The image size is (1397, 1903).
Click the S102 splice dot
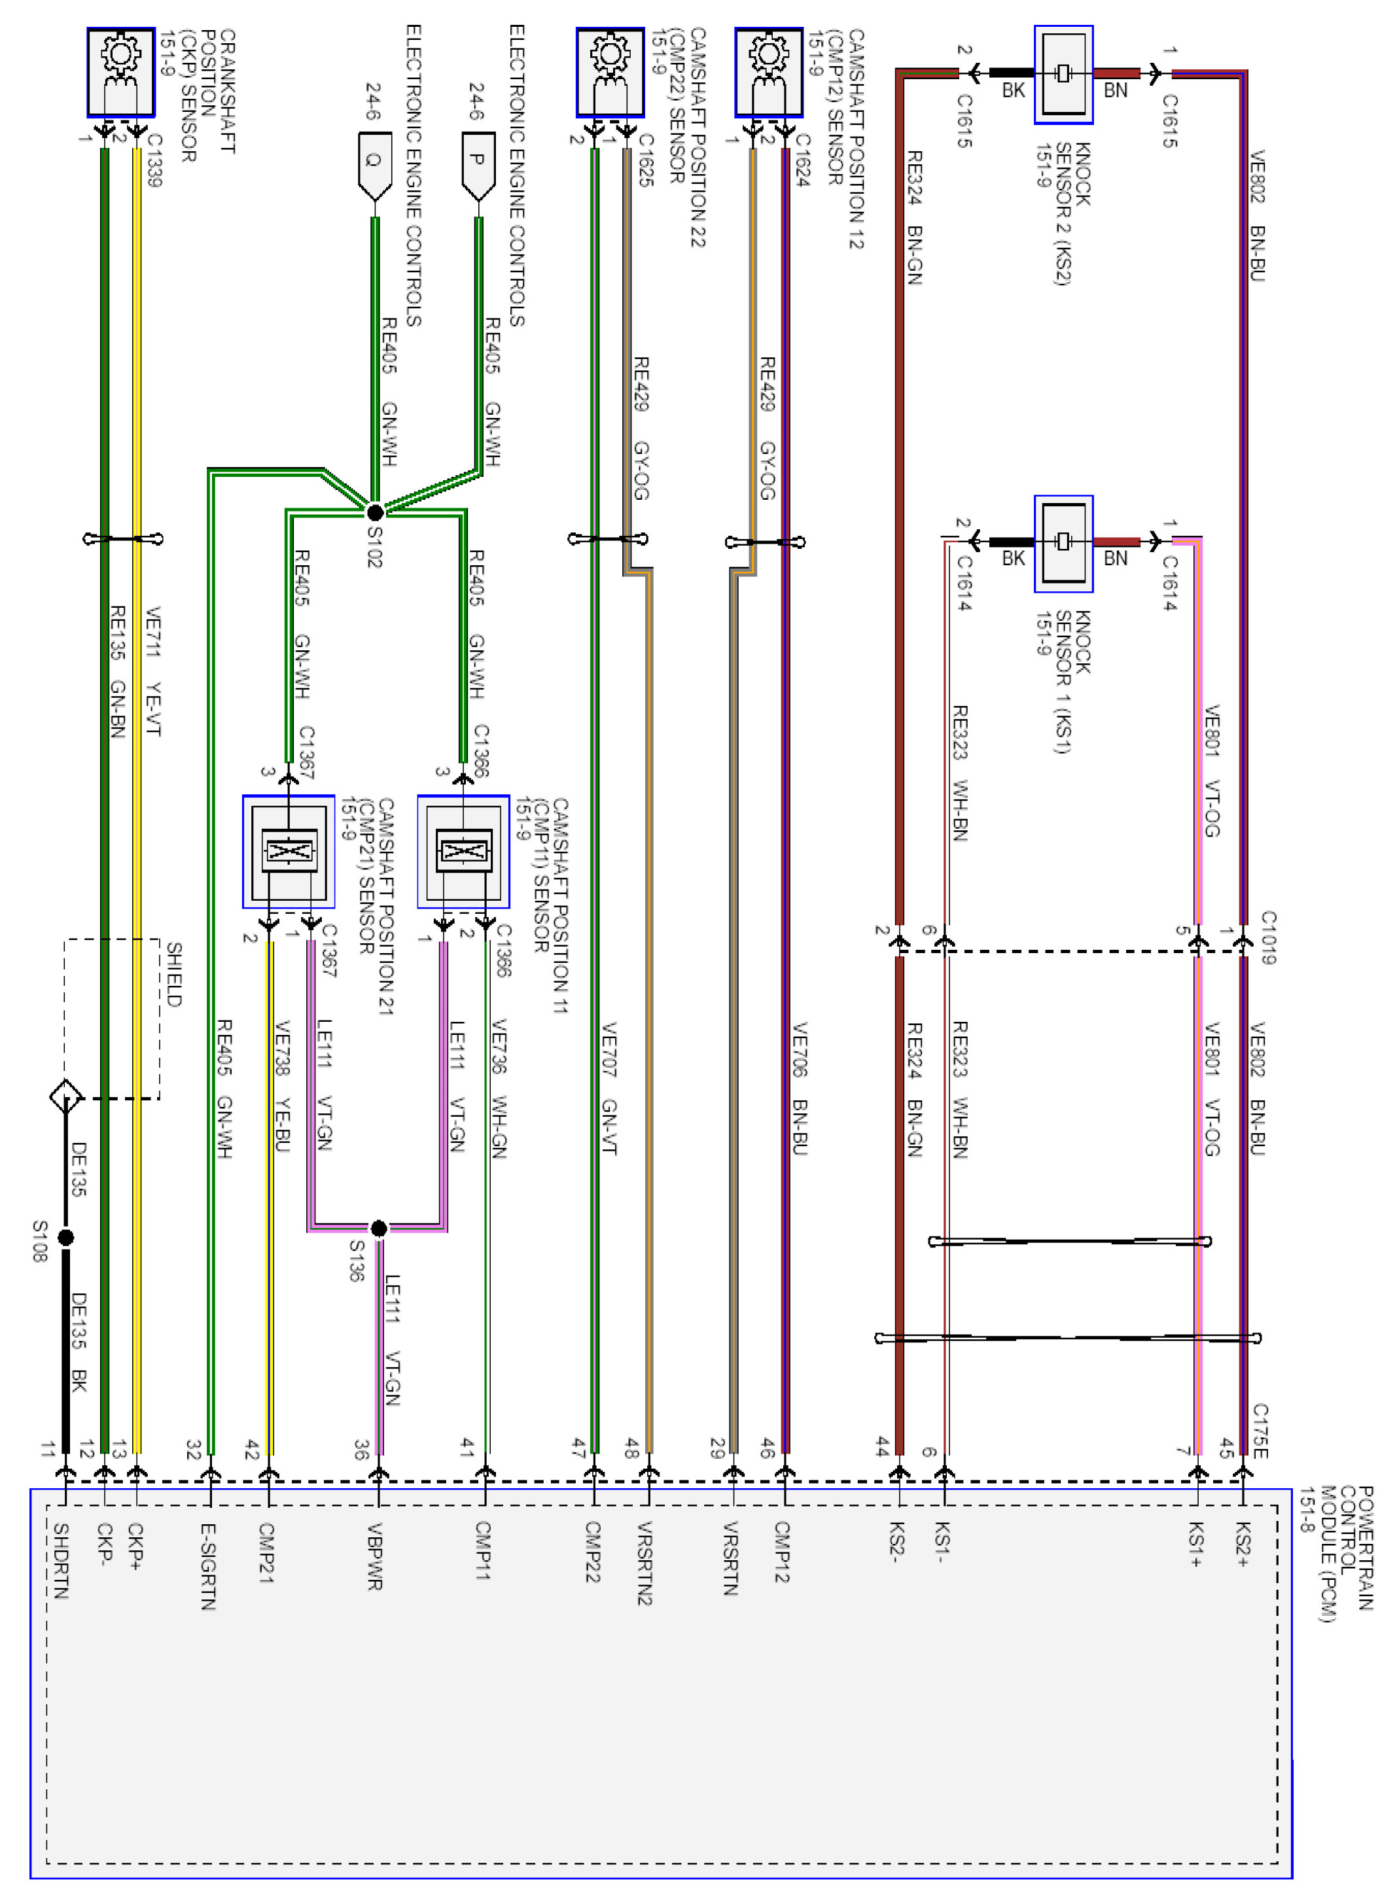click(x=375, y=512)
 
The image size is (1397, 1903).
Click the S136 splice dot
click(x=379, y=1227)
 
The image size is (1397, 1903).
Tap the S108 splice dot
click(x=65, y=1238)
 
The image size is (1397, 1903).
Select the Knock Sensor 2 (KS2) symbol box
click(x=1063, y=75)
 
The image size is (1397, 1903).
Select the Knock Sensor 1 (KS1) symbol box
click(x=1063, y=543)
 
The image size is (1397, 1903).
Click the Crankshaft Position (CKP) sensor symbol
click(x=121, y=73)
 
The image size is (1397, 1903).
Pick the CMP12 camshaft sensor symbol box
click(x=769, y=73)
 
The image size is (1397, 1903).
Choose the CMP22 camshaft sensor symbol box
click(x=610, y=73)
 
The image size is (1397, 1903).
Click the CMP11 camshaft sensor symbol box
click(x=463, y=851)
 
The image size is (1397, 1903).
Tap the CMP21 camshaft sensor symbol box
click(x=289, y=851)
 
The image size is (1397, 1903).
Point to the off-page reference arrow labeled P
click(x=478, y=165)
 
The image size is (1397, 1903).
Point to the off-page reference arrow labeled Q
click(x=375, y=165)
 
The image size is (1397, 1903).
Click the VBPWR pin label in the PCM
click(x=375, y=1556)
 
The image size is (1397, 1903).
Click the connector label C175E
click(x=1260, y=1431)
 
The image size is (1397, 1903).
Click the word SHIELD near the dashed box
click(x=173, y=975)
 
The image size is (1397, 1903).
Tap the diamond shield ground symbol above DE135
click(x=66, y=1097)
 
